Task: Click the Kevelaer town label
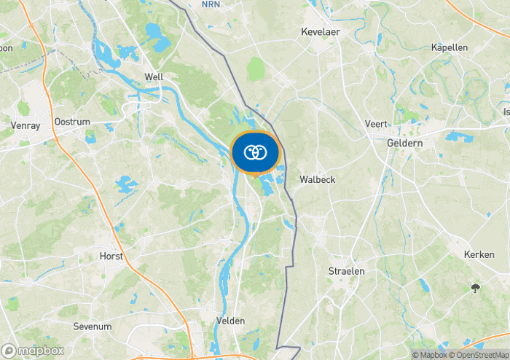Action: click(321, 32)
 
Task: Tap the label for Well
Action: click(154, 77)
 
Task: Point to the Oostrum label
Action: click(71, 122)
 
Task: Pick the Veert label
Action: click(376, 124)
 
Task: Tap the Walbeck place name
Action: click(318, 179)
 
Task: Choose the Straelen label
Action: click(346, 271)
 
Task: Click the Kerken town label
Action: click(479, 254)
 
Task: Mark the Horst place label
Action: click(111, 257)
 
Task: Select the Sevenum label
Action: click(93, 327)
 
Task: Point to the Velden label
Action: click(230, 321)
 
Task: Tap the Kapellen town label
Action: click(449, 47)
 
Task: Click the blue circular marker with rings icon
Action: click(254, 152)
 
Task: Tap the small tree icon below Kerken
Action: click(476, 289)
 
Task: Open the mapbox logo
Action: click(33, 351)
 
